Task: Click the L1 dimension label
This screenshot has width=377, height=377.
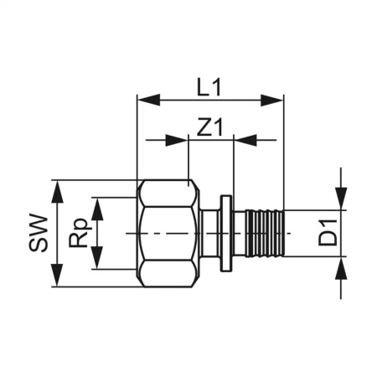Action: click(209, 85)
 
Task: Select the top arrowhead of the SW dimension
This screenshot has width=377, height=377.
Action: click(57, 189)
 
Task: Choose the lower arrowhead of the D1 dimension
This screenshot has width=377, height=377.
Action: click(342, 268)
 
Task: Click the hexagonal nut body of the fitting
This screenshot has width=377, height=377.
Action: click(168, 233)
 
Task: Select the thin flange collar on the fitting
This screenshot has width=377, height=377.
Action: click(226, 233)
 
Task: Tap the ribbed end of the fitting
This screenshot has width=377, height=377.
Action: click(266, 233)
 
